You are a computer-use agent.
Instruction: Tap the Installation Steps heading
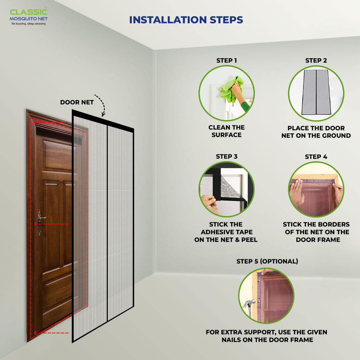pos(186,20)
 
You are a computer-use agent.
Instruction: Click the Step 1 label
pos(226,60)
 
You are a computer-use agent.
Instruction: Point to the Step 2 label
pos(316,60)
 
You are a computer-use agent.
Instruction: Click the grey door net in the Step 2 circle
pos(316,92)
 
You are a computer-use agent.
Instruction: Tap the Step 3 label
pos(226,156)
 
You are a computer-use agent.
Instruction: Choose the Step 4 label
pos(316,156)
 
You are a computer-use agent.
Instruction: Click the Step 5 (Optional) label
pos(267,261)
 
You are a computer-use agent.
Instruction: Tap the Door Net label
pos(77,102)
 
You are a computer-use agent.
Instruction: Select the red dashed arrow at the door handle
pos(51,224)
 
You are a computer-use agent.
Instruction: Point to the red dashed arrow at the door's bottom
pos(51,333)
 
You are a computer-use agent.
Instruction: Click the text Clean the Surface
pos(226,131)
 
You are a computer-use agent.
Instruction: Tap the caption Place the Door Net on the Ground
pos(316,132)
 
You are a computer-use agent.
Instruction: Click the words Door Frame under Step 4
pos(318,240)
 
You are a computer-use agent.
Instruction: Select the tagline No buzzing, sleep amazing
pos(28,24)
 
